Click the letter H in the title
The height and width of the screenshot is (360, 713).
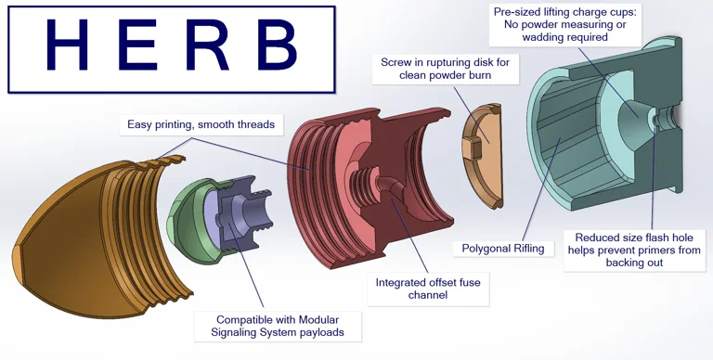tap(67, 45)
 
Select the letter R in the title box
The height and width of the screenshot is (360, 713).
tap(207, 45)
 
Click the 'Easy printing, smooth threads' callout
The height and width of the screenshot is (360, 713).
tap(201, 124)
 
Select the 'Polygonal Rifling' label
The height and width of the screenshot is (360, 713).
tap(503, 249)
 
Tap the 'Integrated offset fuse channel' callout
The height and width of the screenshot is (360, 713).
tap(428, 289)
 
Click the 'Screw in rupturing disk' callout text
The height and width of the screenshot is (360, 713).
tap(446, 68)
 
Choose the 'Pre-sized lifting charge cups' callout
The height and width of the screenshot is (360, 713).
tap(564, 24)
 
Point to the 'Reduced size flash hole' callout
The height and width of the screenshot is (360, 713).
tap(634, 250)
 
